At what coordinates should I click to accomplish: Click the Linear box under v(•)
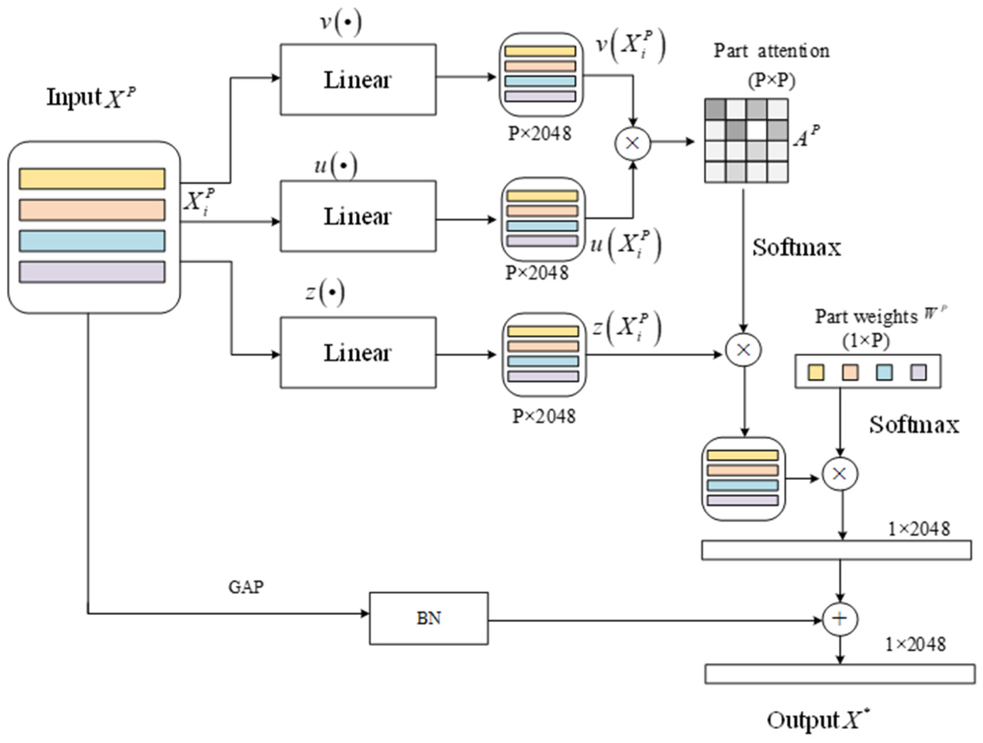click(x=358, y=79)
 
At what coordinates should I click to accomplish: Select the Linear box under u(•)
click(x=358, y=216)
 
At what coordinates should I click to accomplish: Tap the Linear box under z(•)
click(x=358, y=353)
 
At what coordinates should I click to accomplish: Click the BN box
click(x=429, y=618)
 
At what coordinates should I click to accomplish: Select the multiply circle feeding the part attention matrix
click(x=632, y=143)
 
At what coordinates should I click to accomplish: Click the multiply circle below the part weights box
click(x=839, y=474)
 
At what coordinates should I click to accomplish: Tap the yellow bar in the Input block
click(x=92, y=179)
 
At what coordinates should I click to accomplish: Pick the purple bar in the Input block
click(x=92, y=272)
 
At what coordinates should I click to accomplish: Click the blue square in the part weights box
click(x=884, y=372)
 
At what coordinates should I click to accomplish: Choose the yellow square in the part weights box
click(x=816, y=372)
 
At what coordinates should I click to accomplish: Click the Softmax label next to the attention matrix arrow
click(x=796, y=248)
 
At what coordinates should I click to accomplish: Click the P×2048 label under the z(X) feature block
click(x=544, y=417)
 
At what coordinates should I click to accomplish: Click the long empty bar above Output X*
click(x=839, y=674)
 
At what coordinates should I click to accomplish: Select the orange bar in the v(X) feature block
click(x=540, y=66)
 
